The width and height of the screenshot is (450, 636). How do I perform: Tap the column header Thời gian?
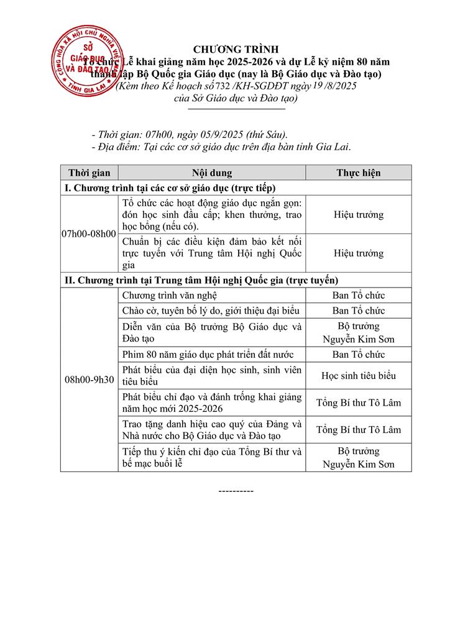(x=89, y=173)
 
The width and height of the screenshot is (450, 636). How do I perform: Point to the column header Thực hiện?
(x=359, y=173)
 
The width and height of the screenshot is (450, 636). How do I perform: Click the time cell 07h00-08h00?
(x=89, y=234)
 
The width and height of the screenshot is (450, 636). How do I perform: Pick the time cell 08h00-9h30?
(x=89, y=381)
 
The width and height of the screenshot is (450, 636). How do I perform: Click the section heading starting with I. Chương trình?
(x=170, y=188)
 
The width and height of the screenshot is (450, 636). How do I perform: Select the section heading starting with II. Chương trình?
(x=202, y=281)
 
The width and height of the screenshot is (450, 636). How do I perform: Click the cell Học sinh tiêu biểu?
(x=359, y=376)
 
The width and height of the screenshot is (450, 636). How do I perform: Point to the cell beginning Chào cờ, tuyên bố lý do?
(x=211, y=311)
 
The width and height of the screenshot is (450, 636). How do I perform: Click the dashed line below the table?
(x=236, y=491)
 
